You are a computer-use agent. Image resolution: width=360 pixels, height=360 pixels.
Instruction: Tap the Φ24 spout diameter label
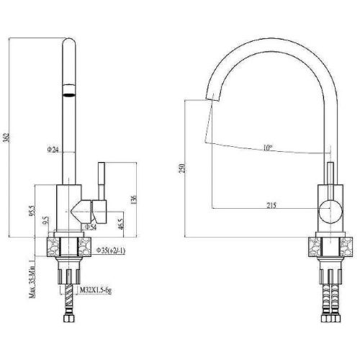(53, 149)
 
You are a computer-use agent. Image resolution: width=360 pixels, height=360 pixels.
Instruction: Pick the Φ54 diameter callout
(91, 228)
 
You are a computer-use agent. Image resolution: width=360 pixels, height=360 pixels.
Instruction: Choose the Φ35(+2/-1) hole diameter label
(112, 250)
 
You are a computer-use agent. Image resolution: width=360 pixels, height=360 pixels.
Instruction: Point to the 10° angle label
(268, 148)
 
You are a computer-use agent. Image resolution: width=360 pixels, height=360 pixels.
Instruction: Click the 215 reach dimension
(271, 206)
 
